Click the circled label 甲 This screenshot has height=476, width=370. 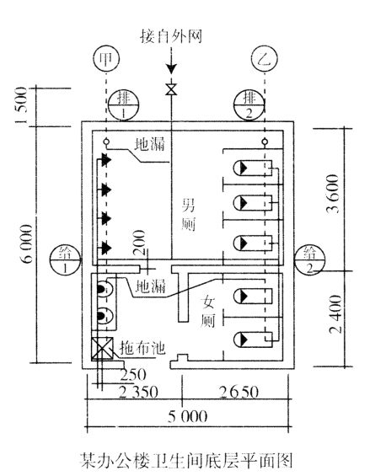click(106, 59)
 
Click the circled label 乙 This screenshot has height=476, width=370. click(265, 59)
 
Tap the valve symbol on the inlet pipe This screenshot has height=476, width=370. click(172, 89)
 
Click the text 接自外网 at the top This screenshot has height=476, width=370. click(171, 36)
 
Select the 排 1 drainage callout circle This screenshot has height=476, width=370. click(123, 105)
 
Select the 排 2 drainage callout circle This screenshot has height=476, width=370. click(249, 105)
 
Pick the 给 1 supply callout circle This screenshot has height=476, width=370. click(65, 260)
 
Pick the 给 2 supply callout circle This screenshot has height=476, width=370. click(310, 260)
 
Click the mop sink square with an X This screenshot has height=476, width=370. click(102, 348)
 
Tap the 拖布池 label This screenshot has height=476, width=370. click(142, 348)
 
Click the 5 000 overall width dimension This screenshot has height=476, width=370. click(188, 416)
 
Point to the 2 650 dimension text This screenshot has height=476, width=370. click(239, 392)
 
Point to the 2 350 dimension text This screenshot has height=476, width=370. click(138, 392)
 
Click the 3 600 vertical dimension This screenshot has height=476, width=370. click(332, 194)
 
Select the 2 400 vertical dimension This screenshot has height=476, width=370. click(335, 314)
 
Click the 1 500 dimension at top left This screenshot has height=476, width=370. click(21, 105)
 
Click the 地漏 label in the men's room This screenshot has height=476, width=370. click(150, 144)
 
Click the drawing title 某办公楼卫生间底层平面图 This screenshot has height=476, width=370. click(186, 460)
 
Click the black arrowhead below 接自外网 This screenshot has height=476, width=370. click(172, 69)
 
